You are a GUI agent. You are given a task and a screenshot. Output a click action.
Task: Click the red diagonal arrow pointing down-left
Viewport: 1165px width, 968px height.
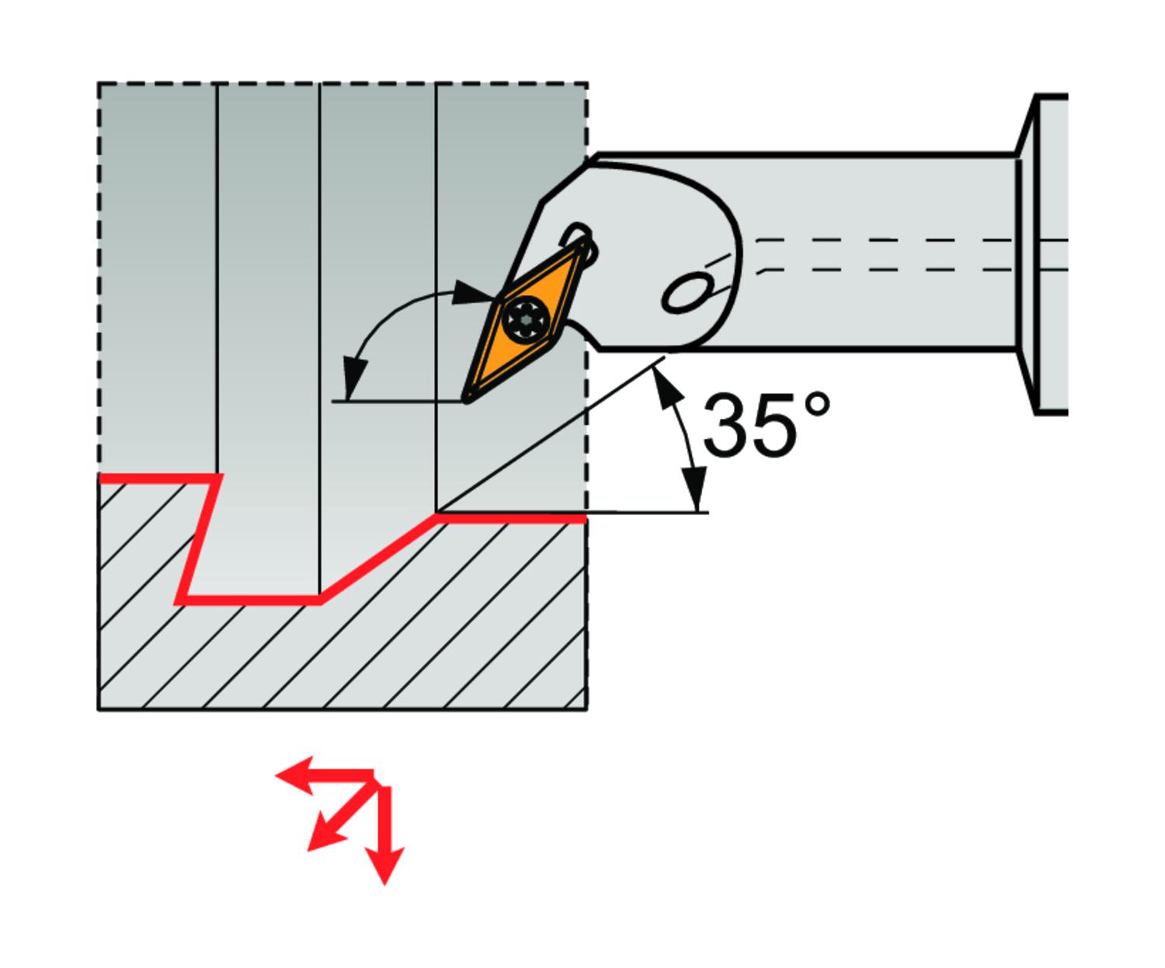point(326,835)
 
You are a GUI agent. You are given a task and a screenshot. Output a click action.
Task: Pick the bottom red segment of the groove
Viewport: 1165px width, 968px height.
point(249,600)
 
